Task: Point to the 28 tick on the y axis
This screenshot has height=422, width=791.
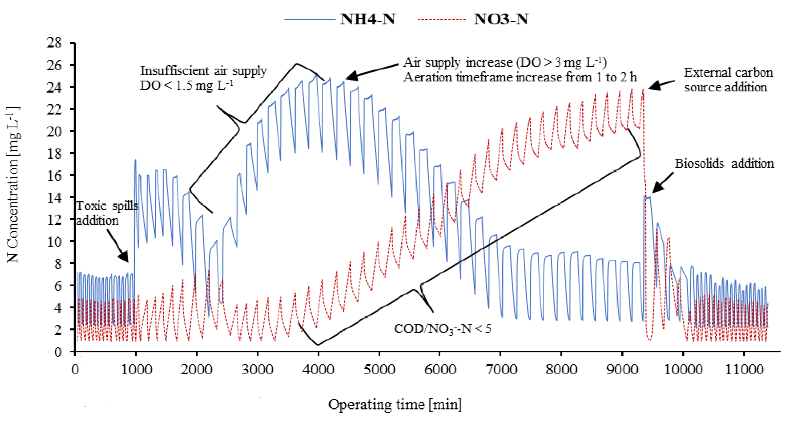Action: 54,42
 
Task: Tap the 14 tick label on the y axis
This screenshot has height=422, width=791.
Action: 54,197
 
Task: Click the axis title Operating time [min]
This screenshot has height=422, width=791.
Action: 395,405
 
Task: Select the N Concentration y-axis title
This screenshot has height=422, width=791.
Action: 13,184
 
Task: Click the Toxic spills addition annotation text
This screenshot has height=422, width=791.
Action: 106,213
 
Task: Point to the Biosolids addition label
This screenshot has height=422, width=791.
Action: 724,163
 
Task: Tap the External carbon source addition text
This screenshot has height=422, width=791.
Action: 728,80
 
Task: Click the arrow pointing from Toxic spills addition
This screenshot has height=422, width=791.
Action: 118,246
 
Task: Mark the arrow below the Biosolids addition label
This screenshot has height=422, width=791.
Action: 663,183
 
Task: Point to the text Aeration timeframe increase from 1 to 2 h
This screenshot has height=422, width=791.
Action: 520,77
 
